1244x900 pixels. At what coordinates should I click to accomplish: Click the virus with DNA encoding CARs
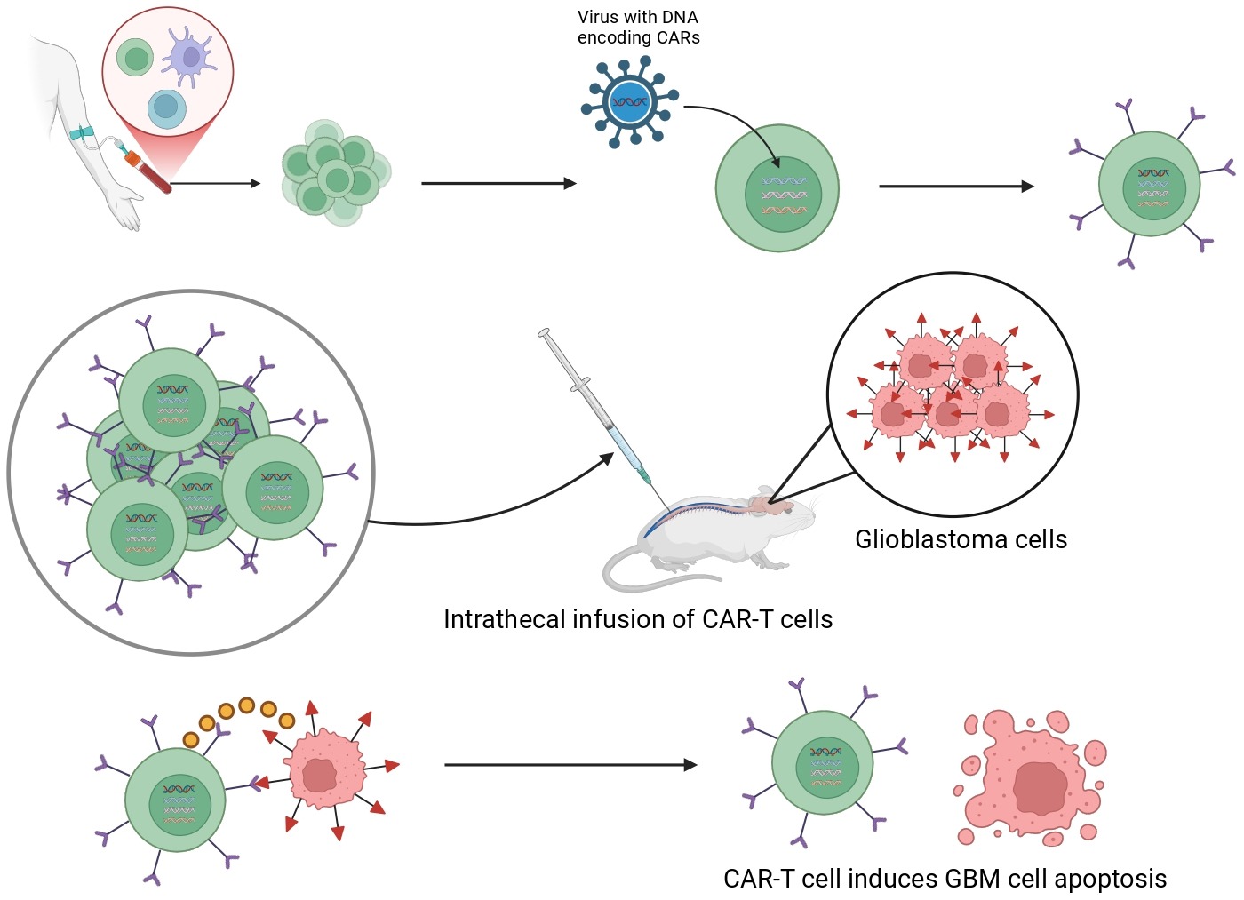tap(630, 101)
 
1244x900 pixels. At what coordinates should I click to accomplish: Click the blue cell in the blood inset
tap(166, 107)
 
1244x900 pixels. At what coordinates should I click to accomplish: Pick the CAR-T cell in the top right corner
tap(1149, 184)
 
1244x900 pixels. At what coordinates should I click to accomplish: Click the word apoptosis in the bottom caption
tap(1110, 879)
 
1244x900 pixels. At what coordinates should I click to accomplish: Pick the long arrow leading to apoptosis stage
tap(570, 764)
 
